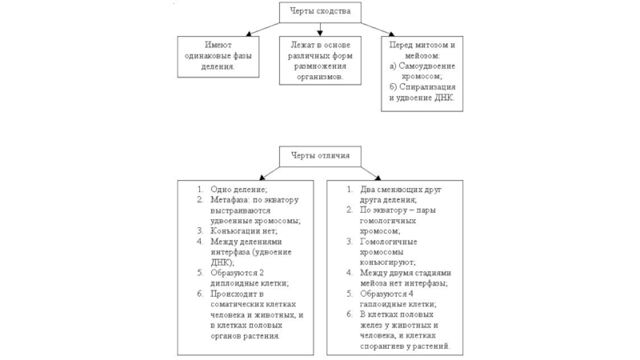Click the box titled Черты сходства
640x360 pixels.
[319, 12]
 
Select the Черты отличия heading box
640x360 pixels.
[319, 155]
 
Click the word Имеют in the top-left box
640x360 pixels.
[218, 45]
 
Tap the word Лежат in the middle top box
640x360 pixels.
[303, 45]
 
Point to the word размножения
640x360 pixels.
[319, 66]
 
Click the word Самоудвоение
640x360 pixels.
[427, 66]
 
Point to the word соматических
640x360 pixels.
[242, 305]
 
